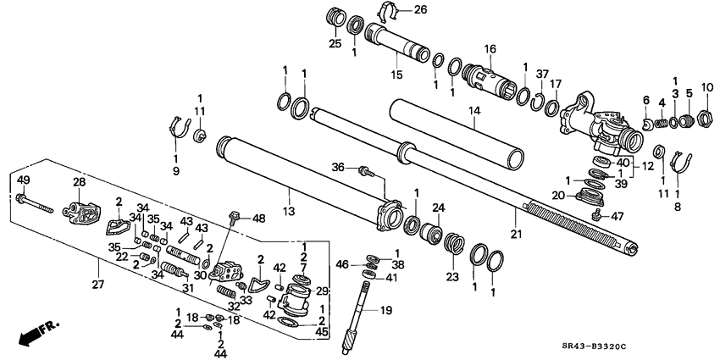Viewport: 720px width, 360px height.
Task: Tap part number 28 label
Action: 80,181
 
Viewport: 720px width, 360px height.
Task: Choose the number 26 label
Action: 421,10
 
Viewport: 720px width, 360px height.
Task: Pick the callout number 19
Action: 385,311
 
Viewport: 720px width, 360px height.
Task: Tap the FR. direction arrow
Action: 32,333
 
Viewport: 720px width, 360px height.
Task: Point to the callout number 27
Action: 98,285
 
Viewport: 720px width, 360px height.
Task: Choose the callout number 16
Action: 489,51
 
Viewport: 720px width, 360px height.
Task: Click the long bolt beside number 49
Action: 38,204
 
